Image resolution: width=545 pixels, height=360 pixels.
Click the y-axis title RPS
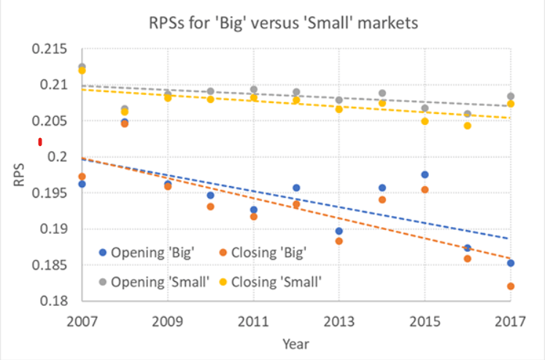point(20,175)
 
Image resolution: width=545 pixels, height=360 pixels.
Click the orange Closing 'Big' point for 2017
point(511,286)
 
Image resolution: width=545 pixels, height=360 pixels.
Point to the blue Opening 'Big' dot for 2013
point(339,231)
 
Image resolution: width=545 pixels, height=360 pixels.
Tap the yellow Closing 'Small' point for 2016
point(468,126)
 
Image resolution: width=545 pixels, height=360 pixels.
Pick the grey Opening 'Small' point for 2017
point(511,96)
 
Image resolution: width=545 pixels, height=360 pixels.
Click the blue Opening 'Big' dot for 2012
point(295,188)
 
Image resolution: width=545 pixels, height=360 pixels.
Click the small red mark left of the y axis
point(40,142)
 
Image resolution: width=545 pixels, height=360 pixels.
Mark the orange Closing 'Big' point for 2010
point(210,207)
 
